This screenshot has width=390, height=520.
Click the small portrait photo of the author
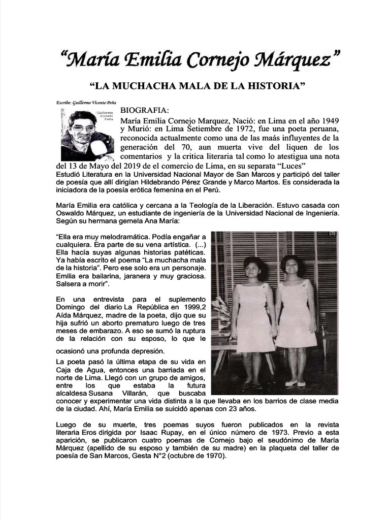tap(87, 135)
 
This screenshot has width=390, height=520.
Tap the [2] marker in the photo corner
tap(332, 234)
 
